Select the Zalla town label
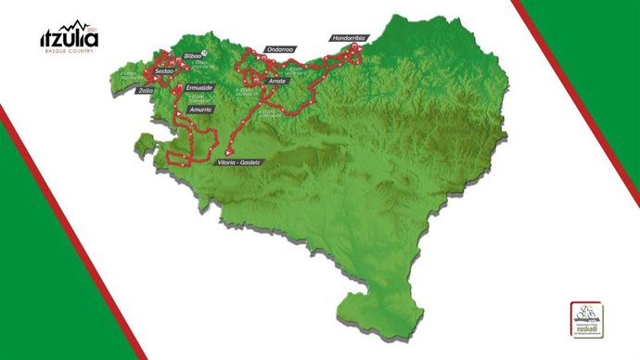[145, 91]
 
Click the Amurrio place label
[201, 109]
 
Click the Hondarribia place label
[350, 38]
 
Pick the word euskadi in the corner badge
[584, 327]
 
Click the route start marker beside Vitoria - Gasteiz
[229, 150]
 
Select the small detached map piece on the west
[143, 143]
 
